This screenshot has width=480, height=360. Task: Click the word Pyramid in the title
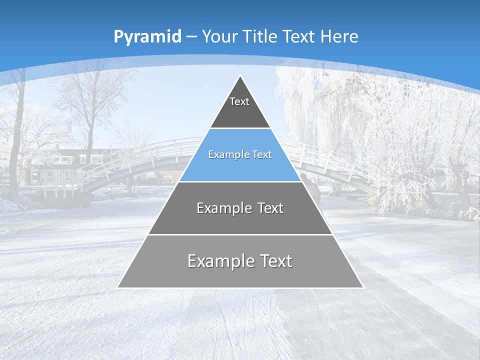147,37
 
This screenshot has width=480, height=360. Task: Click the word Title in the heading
260,36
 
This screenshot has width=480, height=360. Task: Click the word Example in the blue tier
225,155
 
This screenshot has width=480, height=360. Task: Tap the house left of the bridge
55,165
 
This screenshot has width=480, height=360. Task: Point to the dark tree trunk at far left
18,140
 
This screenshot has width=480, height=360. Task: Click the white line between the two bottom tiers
240,234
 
